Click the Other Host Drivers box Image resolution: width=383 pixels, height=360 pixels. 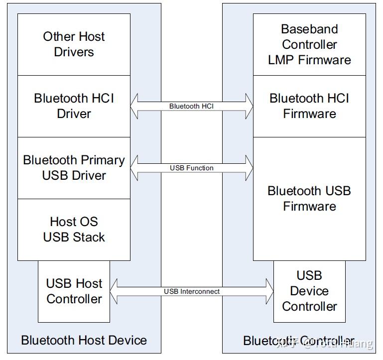click(74, 44)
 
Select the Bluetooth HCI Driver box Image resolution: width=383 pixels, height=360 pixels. click(74, 106)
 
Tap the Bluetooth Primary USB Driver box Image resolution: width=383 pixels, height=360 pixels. click(74, 168)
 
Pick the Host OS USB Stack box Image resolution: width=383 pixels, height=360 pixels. click(74, 230)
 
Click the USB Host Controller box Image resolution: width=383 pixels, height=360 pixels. click(74, 291)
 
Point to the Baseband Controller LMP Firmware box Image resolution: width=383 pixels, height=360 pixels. click(309, 44)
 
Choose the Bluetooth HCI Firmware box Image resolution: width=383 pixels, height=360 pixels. click(309, 106)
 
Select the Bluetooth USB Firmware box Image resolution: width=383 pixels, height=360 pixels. click(309, 199)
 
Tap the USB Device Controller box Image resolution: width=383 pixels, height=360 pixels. click(309, 291)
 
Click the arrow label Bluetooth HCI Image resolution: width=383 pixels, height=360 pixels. click(192, 106)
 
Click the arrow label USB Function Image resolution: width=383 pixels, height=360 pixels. click(192, 168)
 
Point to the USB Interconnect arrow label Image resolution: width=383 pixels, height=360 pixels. click(192, 291)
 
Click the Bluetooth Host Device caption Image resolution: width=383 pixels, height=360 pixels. click(84, 341)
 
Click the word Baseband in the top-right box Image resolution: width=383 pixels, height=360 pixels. click(309, 29)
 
